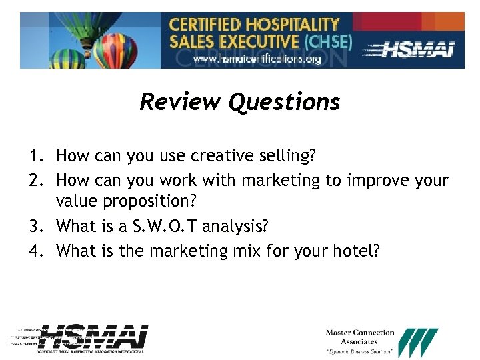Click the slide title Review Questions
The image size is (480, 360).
pyautogui.click(x=239, y=102)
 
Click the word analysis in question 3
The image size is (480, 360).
pyautogui.click(x=235, y=226)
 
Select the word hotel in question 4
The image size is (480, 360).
pyautogui.click(x=356, y=251)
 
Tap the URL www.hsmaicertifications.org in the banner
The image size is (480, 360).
pyautogui.click(x=257, y=59)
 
